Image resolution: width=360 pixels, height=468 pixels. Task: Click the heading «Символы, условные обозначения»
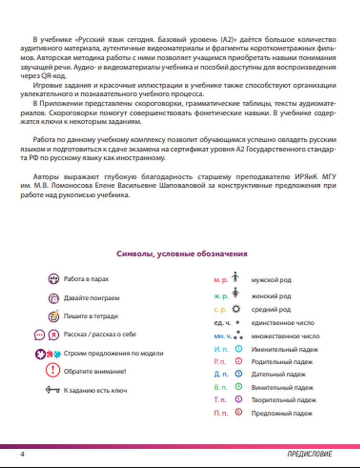pyautogui.click(x=182, y=254)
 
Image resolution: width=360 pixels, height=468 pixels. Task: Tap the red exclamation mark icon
pyautogui.click(x=53, y=370)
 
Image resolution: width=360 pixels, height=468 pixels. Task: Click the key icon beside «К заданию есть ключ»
pyautogui.click(x=53, y=390)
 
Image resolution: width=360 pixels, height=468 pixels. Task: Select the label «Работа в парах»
pyautogui.click(x=86, y=279)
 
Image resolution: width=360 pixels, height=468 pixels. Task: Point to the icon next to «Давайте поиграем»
pyautogui.click(x=53, y=298)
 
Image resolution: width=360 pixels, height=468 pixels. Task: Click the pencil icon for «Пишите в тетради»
pyautogui.click(x=54, y=316)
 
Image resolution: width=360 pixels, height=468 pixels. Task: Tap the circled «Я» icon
pyautogui.click(x=54, y=334)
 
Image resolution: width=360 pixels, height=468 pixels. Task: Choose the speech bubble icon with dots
pyautogui.click(x=40, y=335)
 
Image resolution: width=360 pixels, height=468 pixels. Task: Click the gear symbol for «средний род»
pyautogui.click(x=236, y=309)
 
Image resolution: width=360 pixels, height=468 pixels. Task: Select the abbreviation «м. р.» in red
pyautogui.click(x=221, y=280)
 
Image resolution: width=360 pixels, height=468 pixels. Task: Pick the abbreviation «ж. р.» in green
pyautogui.click(x=221, y=296)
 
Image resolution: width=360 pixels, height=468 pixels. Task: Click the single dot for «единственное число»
pyautogui.click(x=238, y=323)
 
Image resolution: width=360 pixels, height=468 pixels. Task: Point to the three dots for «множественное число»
pyautogui.click(x=238, y=336)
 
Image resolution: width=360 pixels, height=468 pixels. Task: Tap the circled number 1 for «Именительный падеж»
pyautogui.click(x=238, y=349)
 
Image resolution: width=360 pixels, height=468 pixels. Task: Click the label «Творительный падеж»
pyautogui.click(x=284, y=400)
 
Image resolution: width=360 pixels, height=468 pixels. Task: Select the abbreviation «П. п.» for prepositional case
pyautogui.click(x=221, y=413)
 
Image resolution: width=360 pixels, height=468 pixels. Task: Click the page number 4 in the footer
pyautogui.click(x=22, y=454)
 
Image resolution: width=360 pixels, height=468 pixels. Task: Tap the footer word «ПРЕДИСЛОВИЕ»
pyautogui.click(x=310, y=454)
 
